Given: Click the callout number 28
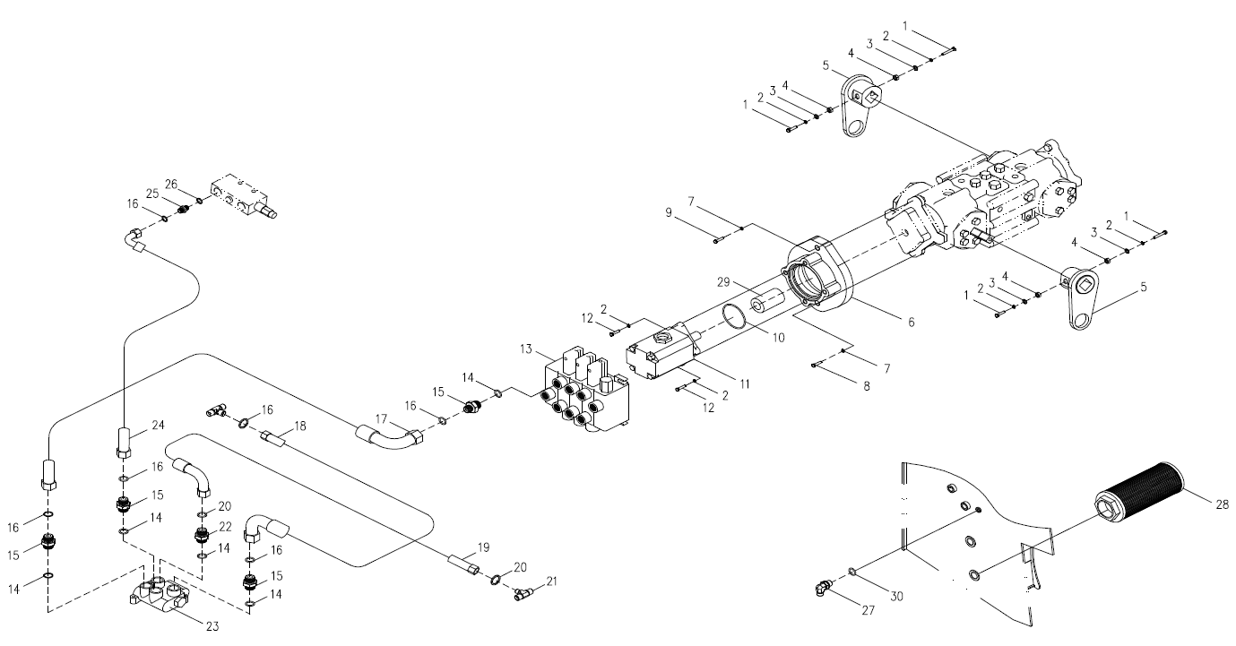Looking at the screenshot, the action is (1221, 504).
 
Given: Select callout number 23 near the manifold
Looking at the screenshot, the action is (212, 626).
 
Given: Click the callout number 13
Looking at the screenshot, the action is (526, 349).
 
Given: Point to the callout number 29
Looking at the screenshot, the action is (723, 282).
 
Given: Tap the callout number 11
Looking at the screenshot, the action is (745, 384).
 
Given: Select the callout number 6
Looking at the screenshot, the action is (911, 322).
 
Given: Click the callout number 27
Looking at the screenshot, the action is (869, 609).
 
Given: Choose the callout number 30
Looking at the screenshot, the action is (896, 597).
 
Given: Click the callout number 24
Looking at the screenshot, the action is (159, 425).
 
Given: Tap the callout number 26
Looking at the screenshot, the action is (171, 185).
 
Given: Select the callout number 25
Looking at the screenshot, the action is (152, 194).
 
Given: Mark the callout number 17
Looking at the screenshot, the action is (381, 419).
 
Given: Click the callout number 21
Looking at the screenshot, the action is (552, 581).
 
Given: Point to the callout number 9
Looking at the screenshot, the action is (669, 212).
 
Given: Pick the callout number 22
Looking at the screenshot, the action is (225, 527).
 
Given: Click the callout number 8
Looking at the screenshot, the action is (867, 387).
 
